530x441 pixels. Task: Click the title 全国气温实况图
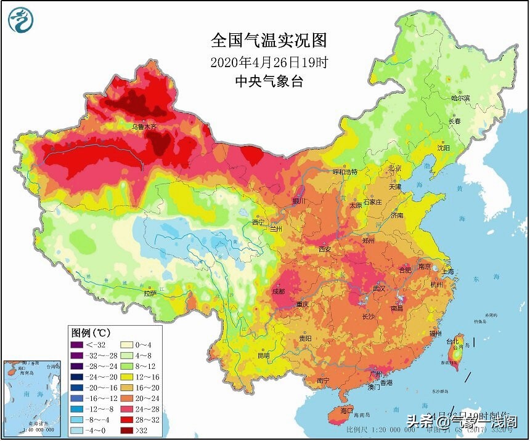(268, 41)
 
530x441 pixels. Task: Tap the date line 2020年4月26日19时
(268, 62)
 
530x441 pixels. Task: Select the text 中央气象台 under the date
(269, 81)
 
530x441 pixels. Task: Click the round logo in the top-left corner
(21, 20)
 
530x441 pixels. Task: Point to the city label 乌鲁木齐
(145, 126)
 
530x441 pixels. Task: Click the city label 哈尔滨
(460, 98)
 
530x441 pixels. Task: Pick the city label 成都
(279, 291)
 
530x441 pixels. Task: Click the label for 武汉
(378, 288)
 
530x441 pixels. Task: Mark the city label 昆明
(264, 355)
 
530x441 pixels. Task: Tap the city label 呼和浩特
(345, 172)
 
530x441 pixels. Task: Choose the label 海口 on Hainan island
(347, 410)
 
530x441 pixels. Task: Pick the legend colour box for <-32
(76, 344)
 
